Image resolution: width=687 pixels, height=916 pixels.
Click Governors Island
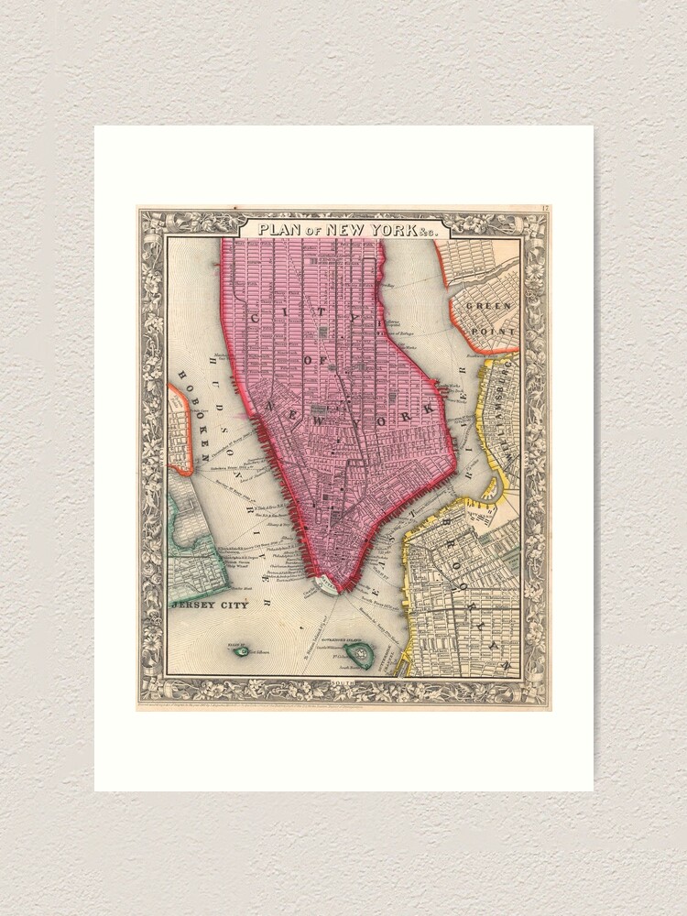[x=362, y=653]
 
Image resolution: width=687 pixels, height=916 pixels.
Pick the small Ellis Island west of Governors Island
[x=242, y=651]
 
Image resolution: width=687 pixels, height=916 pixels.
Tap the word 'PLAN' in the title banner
[x=279, y=228]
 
